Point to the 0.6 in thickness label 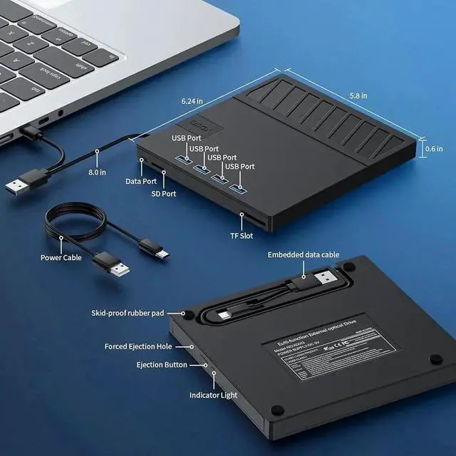pyautogui.click(x=435, y=150)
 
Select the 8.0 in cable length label pyautogui.click(x=97, y=172)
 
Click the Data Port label pyautogui.click(x=141, y=182)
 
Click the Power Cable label pyautogui.click(x=61, y=257)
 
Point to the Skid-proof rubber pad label pyautogui.click(x=128, y=313)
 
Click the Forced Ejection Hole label pyautogui.click(x=138, y=346)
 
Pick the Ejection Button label pyautogui.click(x=162, y=365)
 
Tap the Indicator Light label pyautogui.click(x=213, y=395)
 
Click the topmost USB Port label pyautogui.click(x=187, y=137)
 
